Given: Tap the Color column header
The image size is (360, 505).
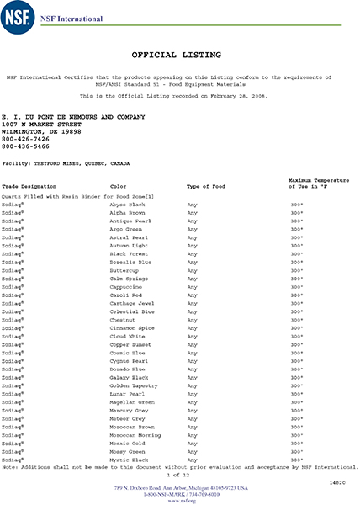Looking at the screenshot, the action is click(x=118, y=185).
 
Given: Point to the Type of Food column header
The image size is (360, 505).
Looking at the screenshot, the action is click(x=204, y=185).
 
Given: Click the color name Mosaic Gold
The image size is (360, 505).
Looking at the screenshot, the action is click(x=127, y=444).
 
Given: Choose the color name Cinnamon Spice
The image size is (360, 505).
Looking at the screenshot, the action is click(x=132, y=328).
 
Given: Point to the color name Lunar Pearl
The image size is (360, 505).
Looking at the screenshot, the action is click(x=126, y=394).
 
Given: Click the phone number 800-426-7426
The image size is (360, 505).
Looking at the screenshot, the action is click(x=24, y=140).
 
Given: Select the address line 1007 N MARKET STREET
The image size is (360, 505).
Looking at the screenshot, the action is click(x=41, y=124).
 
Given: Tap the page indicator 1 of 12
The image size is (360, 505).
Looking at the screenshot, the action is click(x=178, y=476).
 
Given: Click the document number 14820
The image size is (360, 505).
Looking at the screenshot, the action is click(x=336, y=483).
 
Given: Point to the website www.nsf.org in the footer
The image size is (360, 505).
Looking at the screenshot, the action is click(x=180, y=501).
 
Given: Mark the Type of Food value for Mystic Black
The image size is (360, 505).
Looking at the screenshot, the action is click(x=192, y=460).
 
